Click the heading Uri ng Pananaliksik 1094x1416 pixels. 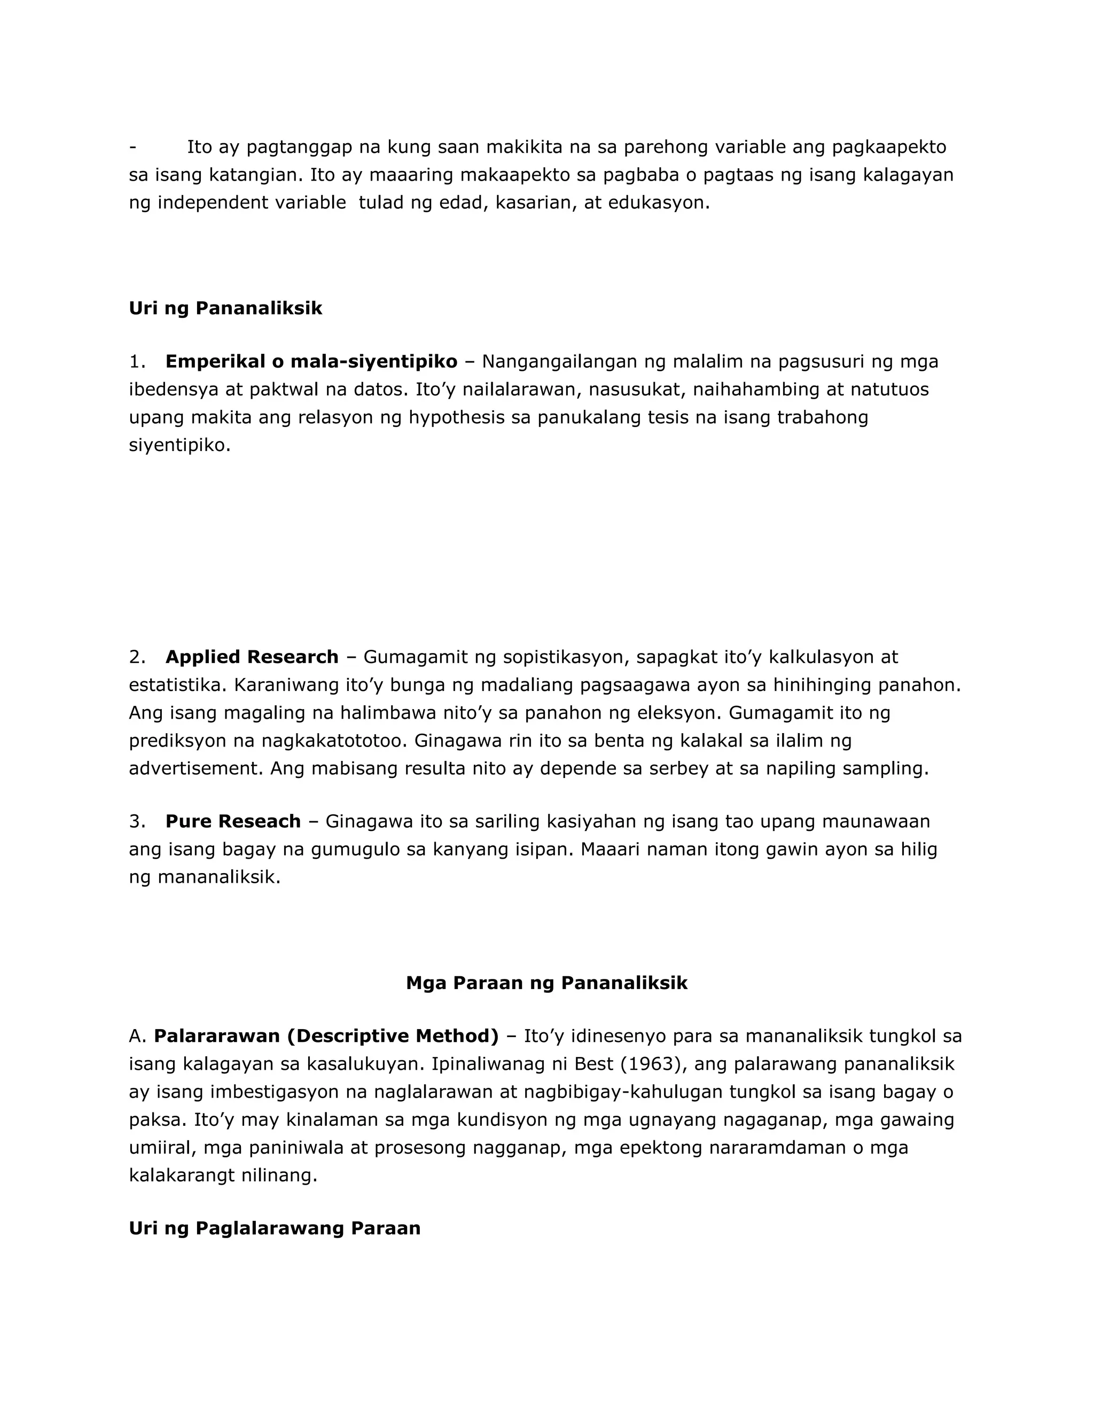coord(225,308)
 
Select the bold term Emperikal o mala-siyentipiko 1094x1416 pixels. coord(311,361)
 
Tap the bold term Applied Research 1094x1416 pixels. coord(252,657)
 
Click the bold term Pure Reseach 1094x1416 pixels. coord(233,821)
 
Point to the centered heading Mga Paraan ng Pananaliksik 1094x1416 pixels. coord(546,983)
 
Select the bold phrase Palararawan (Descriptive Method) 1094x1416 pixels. coord(326,1036)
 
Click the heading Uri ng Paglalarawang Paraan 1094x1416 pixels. coord(274,1228)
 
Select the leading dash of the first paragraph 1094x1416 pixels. coord(132,147)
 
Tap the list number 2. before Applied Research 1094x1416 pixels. coord(137,657)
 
